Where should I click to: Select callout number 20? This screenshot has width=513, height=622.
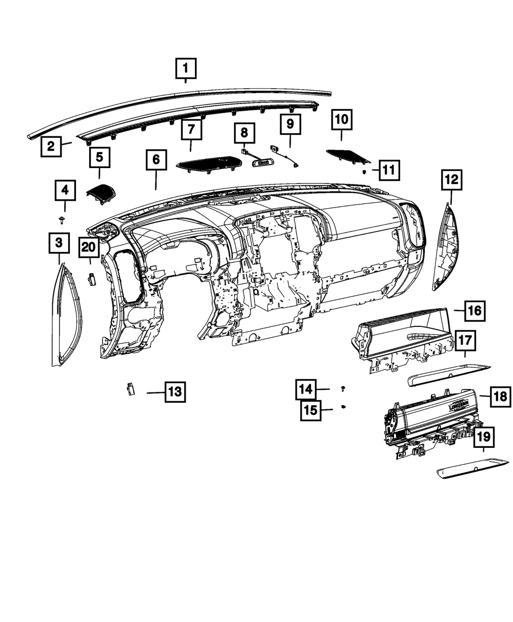89,248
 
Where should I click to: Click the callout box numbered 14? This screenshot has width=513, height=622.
306,389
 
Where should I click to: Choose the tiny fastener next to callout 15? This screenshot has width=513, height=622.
343,407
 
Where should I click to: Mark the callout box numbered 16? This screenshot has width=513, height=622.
475,310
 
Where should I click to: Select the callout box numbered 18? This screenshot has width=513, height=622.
499,396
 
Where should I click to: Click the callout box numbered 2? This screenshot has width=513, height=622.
51,147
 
